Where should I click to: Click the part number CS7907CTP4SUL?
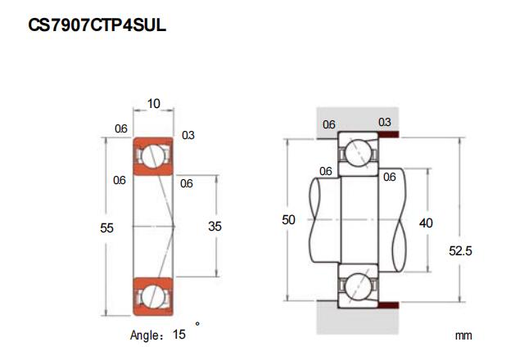97,25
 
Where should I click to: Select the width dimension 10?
153,104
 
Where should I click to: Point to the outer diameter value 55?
106,227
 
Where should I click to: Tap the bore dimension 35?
215,226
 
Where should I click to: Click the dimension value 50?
287,220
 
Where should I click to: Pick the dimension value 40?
426,223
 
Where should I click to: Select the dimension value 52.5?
462,251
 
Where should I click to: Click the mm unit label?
464,335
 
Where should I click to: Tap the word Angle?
147,335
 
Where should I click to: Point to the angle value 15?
179,334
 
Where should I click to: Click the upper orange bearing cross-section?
153,156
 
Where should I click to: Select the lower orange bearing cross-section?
153,295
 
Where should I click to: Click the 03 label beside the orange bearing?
187,134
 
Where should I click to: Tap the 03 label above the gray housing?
384,122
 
